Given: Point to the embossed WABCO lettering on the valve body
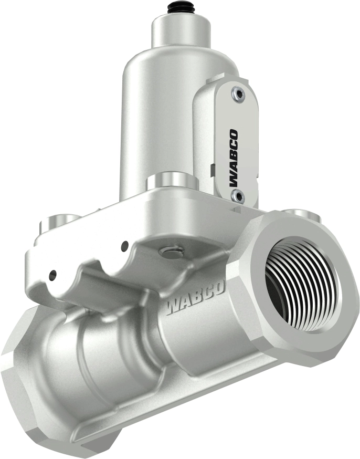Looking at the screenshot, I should coord(194,298).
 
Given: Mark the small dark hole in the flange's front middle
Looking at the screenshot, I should coord(124,245).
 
